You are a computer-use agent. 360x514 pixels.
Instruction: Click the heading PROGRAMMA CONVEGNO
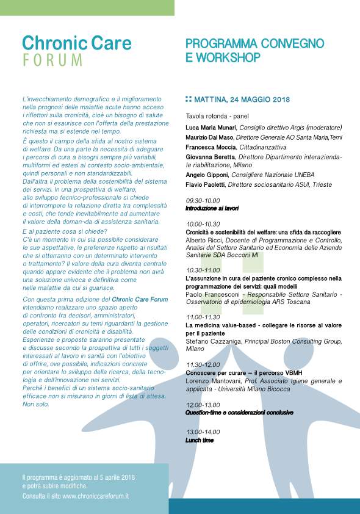tap(254, 44)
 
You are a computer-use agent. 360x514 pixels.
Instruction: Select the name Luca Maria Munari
tap(211, 128)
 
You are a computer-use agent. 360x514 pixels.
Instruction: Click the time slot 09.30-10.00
tap(203, 201)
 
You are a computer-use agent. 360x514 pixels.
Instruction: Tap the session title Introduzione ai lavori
tap(212, 208)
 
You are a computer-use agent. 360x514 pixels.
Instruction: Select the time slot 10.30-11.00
tap(203, 270)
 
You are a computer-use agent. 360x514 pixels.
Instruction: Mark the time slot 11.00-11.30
tap(203, 317)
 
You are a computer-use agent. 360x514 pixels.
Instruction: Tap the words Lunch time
tap(200, 440)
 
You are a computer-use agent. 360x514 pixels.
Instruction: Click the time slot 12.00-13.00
tap(203, 405)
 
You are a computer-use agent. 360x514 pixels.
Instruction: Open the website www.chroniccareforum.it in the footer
tap(95, 497)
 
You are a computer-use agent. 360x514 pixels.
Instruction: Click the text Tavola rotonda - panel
tap(217, 116)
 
